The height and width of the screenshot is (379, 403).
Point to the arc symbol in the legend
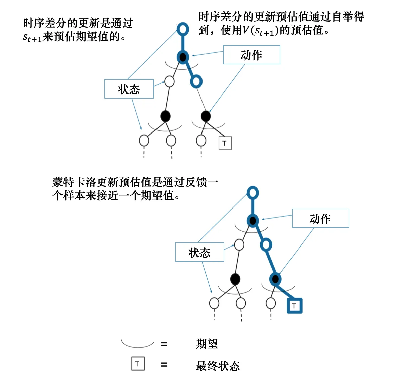(138, 347)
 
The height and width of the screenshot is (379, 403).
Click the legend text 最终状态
(218, 366)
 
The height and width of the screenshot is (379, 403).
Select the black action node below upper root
(183, 57)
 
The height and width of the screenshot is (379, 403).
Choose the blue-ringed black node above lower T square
(275, 279)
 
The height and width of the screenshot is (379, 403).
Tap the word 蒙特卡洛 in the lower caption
(74, 182)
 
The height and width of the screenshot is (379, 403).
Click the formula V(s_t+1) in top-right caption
(261, 31)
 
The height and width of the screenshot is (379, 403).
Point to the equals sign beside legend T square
(164, 365)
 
